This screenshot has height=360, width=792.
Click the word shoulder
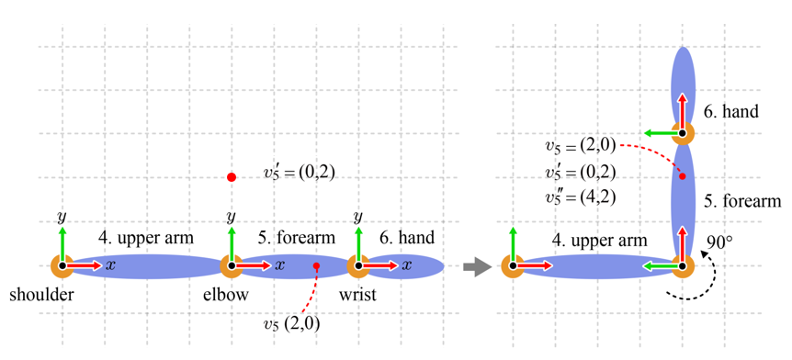point(42,295)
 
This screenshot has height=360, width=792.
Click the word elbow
point(226,295)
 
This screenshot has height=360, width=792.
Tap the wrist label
point(357,295)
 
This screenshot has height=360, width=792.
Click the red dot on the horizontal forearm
point(316,265)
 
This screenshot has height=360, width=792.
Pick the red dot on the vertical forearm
point(683,176)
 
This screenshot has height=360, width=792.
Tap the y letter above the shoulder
point(62,218)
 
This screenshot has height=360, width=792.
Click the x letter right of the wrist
point(404,265)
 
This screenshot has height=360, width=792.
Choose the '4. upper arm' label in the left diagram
point(145,238)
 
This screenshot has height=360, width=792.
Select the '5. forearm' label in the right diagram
point(743,201)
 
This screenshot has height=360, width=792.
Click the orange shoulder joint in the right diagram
point(513,265)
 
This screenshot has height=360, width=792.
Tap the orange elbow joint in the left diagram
point(232,265)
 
